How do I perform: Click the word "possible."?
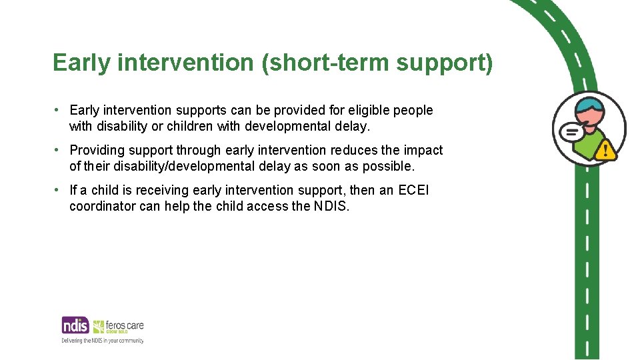pos(388,166)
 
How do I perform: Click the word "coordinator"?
pos(103,206)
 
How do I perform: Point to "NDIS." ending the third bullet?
pos(331,206)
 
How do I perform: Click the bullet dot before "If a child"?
pos(58,190)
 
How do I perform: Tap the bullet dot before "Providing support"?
pos(58,150)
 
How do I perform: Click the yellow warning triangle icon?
pos(607,150)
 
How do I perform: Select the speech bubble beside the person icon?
pos(571,132)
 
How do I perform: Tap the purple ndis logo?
pos(75,325)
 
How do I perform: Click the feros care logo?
pos(119,326)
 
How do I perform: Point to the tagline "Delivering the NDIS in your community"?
pos(103,340)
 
